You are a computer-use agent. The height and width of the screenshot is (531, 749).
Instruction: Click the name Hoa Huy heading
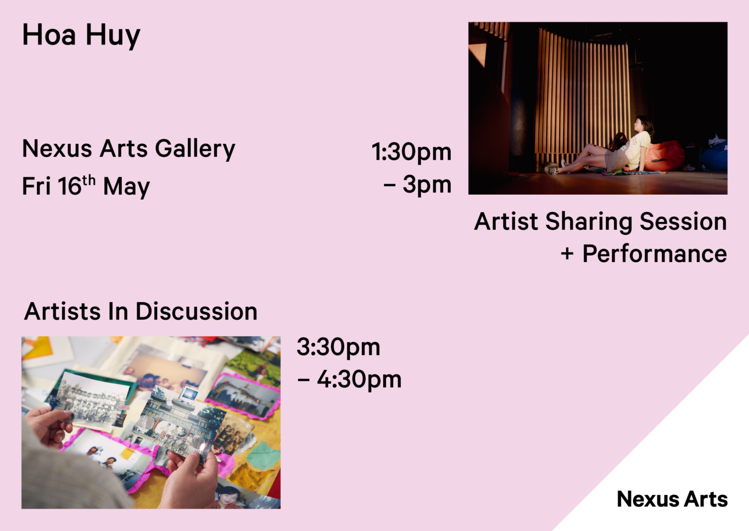81,36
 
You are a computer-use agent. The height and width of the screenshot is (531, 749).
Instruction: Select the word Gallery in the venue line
195,149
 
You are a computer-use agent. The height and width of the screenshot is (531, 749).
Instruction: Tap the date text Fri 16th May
86,185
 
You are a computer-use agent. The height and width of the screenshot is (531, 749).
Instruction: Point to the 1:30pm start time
412,152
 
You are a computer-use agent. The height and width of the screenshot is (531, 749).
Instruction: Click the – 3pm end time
417,184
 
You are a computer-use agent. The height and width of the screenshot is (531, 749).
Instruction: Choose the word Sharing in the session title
589,222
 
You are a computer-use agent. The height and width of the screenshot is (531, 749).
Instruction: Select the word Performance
655,254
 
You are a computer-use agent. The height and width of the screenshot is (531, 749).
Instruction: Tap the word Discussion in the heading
196,311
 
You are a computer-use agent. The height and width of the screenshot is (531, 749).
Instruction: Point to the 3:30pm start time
338,347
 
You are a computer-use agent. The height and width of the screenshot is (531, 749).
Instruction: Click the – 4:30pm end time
349,380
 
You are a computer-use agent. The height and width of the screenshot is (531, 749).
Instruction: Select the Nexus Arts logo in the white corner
672,499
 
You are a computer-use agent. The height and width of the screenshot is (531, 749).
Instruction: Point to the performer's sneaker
552,170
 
